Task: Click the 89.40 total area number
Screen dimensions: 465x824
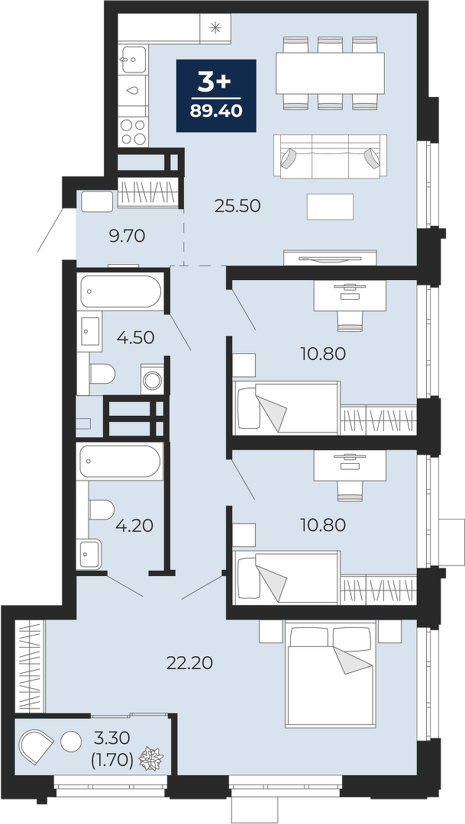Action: point(216,111)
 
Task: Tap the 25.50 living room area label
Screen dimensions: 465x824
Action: point(237,205)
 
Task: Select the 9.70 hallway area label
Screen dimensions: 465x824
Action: point(127,237)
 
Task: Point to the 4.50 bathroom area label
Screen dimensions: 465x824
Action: point(136,337)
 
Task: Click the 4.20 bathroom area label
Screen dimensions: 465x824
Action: point(134,525)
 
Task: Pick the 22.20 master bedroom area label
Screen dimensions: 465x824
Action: point(189,663)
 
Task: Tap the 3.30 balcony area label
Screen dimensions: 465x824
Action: point(113,739)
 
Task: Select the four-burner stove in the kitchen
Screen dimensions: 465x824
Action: point(133,132)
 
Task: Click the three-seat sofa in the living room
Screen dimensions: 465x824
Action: point(331,156)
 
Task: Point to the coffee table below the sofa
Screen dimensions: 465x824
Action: point(331,207)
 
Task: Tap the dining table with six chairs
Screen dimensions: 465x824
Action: point(331,73)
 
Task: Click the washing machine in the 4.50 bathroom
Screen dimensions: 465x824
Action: point(153,379)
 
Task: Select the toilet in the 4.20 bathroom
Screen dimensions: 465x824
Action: point(102,510)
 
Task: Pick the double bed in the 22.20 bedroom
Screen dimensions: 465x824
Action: point(331,674)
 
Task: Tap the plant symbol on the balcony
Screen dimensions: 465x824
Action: point(151,759)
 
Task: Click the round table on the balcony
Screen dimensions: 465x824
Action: point(71,742)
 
